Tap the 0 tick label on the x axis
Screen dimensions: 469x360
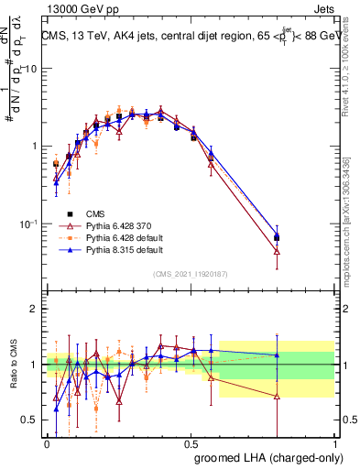coord(47,443)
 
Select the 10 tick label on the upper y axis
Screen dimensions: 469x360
coord(30,69)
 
